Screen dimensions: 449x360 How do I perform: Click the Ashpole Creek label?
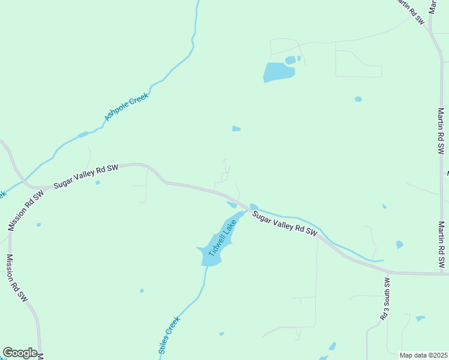(x=126, y=106)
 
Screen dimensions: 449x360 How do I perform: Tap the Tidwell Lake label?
(x=221, y=238)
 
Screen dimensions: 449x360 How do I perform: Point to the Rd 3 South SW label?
(x=385, y=298)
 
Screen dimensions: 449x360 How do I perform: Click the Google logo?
(x=20, y=353)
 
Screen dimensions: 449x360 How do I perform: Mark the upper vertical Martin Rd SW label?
(x=442, y=131)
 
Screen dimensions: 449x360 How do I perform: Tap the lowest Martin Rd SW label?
(x=442, y=244)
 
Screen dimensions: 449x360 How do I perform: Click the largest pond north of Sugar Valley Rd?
(x=279, y=73)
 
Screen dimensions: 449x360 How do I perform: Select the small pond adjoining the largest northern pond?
(x=291, y=60)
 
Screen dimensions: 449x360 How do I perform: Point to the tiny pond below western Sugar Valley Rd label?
(x=97, y=182)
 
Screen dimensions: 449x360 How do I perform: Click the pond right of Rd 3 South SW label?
(x=420, y=318)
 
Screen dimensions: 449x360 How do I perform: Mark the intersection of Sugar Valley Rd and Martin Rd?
(x=441, y=274)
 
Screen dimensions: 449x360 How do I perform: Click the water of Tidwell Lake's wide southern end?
(x=211, y=255)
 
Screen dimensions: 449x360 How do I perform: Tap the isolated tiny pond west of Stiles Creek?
(x=142, y=291)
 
